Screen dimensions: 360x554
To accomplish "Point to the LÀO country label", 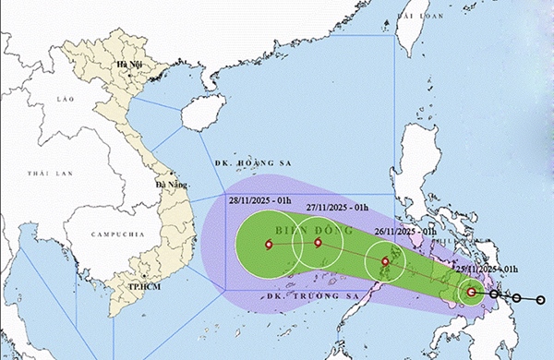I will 65,98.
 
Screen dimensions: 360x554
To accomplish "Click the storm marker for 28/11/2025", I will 269,245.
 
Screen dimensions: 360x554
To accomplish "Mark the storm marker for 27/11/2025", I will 318,244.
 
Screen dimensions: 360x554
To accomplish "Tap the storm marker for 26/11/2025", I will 385,262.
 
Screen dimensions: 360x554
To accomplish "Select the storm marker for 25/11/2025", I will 471,293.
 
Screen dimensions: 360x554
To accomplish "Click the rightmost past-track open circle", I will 540,300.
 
